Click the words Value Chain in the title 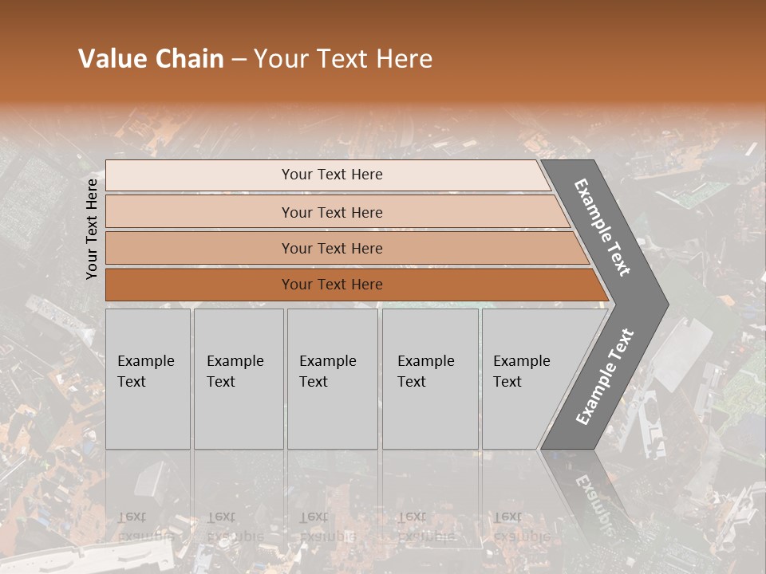tap(151, 59)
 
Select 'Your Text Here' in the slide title tap(343, 59)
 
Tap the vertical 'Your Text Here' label tap(92, 229)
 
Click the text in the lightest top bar tap(332, 175)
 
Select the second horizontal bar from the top tap(332, 212)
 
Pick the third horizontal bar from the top tap(332, 248)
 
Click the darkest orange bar tap(332, 285)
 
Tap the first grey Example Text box tap(148, 379)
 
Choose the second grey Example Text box tap(239, 379)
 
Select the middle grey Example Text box tap(332, 379)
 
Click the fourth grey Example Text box tap(430, 379)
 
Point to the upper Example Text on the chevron tap(602, 227)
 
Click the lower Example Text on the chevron tap(604, 377)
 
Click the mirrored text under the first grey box tap(146, 526)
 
